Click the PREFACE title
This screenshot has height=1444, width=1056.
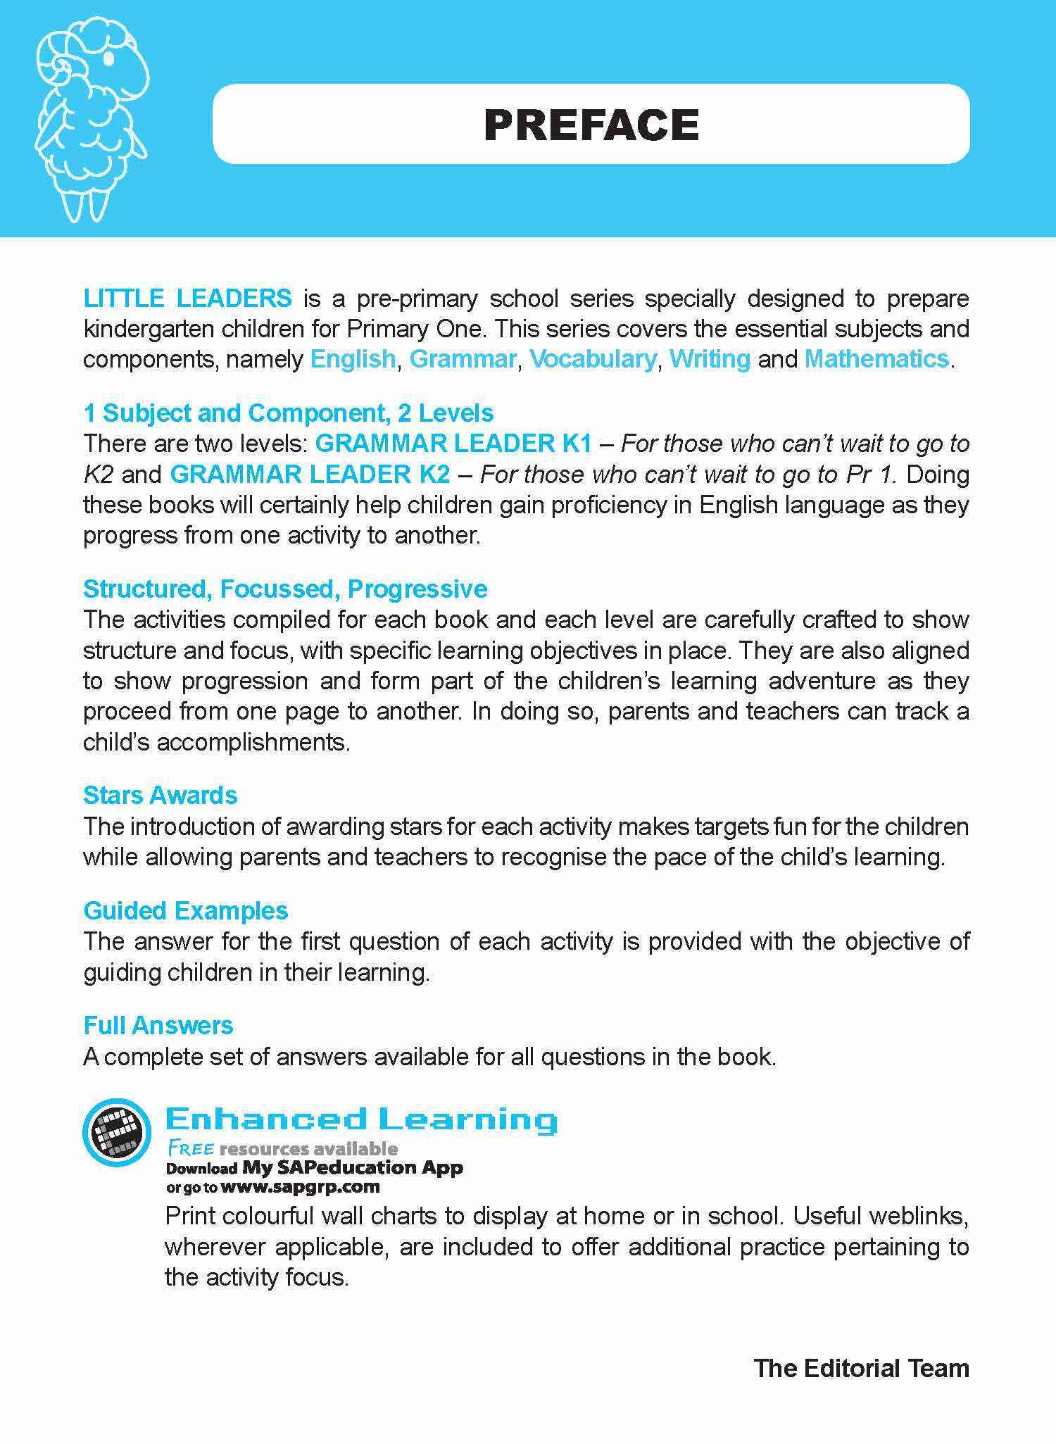591,125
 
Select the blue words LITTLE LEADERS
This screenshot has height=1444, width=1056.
187,299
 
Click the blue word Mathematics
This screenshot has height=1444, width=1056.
876,359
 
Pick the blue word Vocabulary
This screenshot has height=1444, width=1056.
593,359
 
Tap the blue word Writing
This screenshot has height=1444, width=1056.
710,359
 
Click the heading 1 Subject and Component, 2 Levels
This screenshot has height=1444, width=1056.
289,413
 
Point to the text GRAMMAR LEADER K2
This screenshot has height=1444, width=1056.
310,475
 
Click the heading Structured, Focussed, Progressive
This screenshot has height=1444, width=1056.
285,589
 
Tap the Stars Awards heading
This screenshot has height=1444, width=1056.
161,796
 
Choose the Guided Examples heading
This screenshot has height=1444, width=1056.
186,911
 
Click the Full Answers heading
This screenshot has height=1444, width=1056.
158,1026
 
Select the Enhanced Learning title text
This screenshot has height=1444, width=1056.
360,1119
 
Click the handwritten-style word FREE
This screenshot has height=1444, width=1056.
190,1149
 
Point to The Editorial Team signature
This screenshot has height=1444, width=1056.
861,1369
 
